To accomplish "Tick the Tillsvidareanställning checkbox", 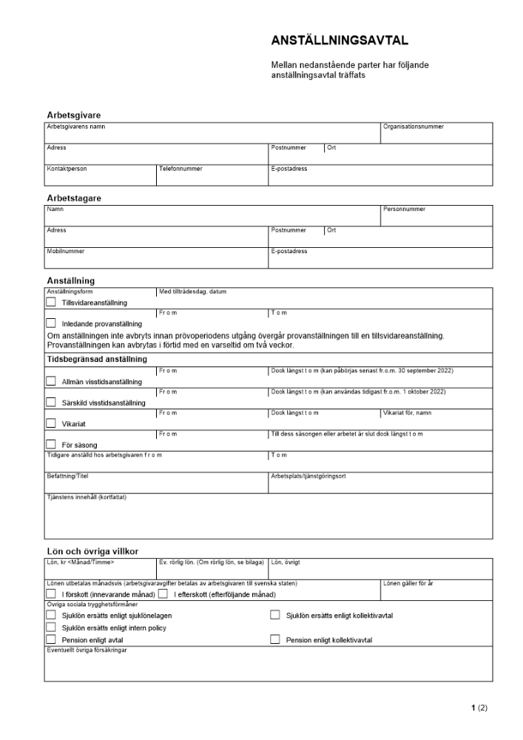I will pos(51,302).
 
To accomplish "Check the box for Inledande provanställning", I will pos(51,323).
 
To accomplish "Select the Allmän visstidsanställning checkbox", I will pos(51,381).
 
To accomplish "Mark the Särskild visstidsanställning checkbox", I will pos(51,402).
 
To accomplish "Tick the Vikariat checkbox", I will pos(51,423).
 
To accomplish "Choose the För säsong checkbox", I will pos(51,444).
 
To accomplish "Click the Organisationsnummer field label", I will pos(414,127).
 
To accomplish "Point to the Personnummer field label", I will pos(405,209).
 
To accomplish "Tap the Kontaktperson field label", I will pos(67,169).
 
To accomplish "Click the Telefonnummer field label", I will pos(180,169).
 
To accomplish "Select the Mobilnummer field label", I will pos(66,252).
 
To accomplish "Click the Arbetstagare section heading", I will pos(74,198).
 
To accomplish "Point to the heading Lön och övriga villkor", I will pos(92,551).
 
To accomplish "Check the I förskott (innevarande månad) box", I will pos(51,594).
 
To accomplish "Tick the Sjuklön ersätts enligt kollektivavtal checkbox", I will pos(275,615).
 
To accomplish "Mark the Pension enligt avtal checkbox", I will pos(51,639).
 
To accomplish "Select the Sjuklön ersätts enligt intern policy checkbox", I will pos(51,628).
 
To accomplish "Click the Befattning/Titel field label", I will pos(67,477).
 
